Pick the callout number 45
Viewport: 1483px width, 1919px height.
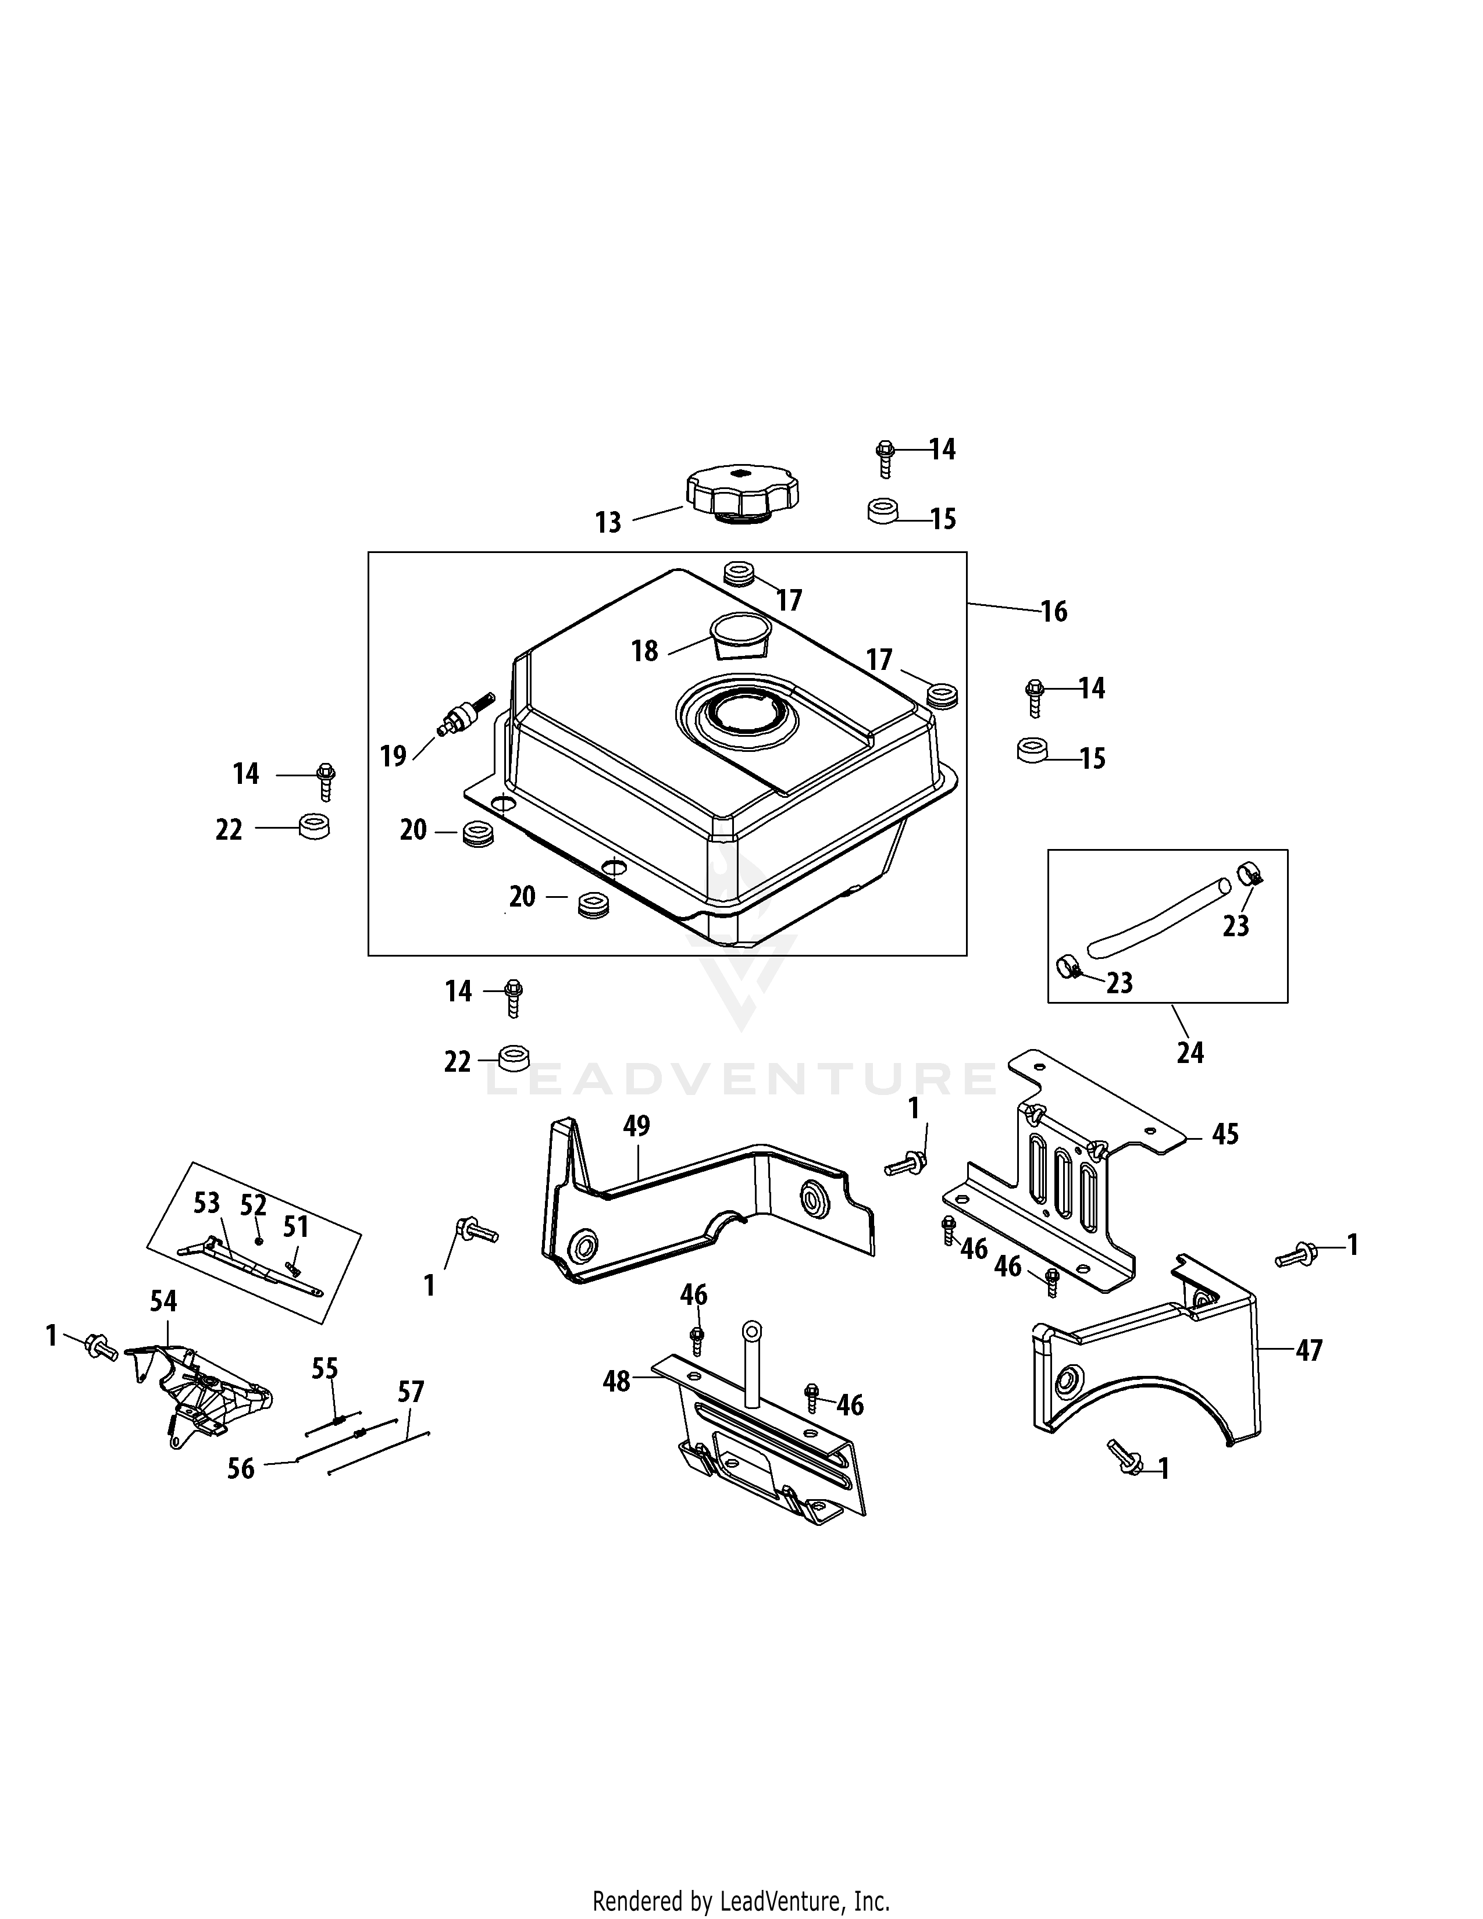click(x=1225, y=1135)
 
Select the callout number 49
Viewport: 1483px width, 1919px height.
click(x=636, y=1126)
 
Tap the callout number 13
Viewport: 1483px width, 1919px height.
click(x=608, y=523)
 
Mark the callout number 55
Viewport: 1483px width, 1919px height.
click(x=325, y=1369)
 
